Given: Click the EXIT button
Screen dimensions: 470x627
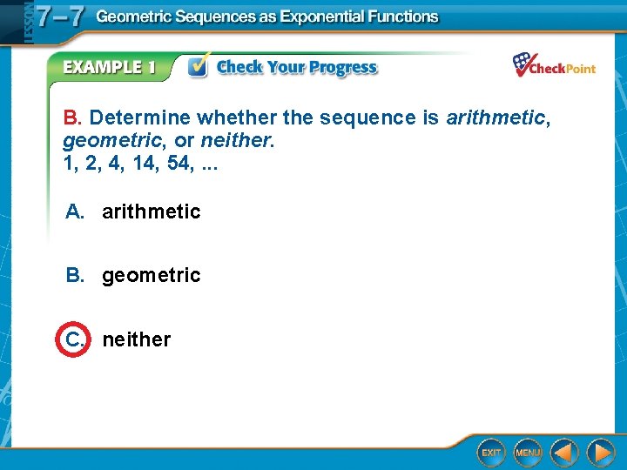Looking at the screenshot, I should point(492,453).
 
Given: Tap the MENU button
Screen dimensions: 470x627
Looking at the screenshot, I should point(527,453).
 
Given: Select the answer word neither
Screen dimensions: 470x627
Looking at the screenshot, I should point(137,339).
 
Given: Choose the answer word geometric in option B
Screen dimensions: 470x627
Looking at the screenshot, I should point(151,275).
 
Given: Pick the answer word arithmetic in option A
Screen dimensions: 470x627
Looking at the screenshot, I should point(151,211).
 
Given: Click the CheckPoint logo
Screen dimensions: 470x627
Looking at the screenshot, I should point(554,66).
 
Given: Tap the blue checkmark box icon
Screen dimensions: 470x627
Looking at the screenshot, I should point(199,67).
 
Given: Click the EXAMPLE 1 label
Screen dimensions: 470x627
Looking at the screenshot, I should point(109,68).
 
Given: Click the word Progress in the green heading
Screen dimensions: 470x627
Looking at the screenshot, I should point(341,68).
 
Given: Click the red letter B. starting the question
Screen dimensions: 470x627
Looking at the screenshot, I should point(72,117).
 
